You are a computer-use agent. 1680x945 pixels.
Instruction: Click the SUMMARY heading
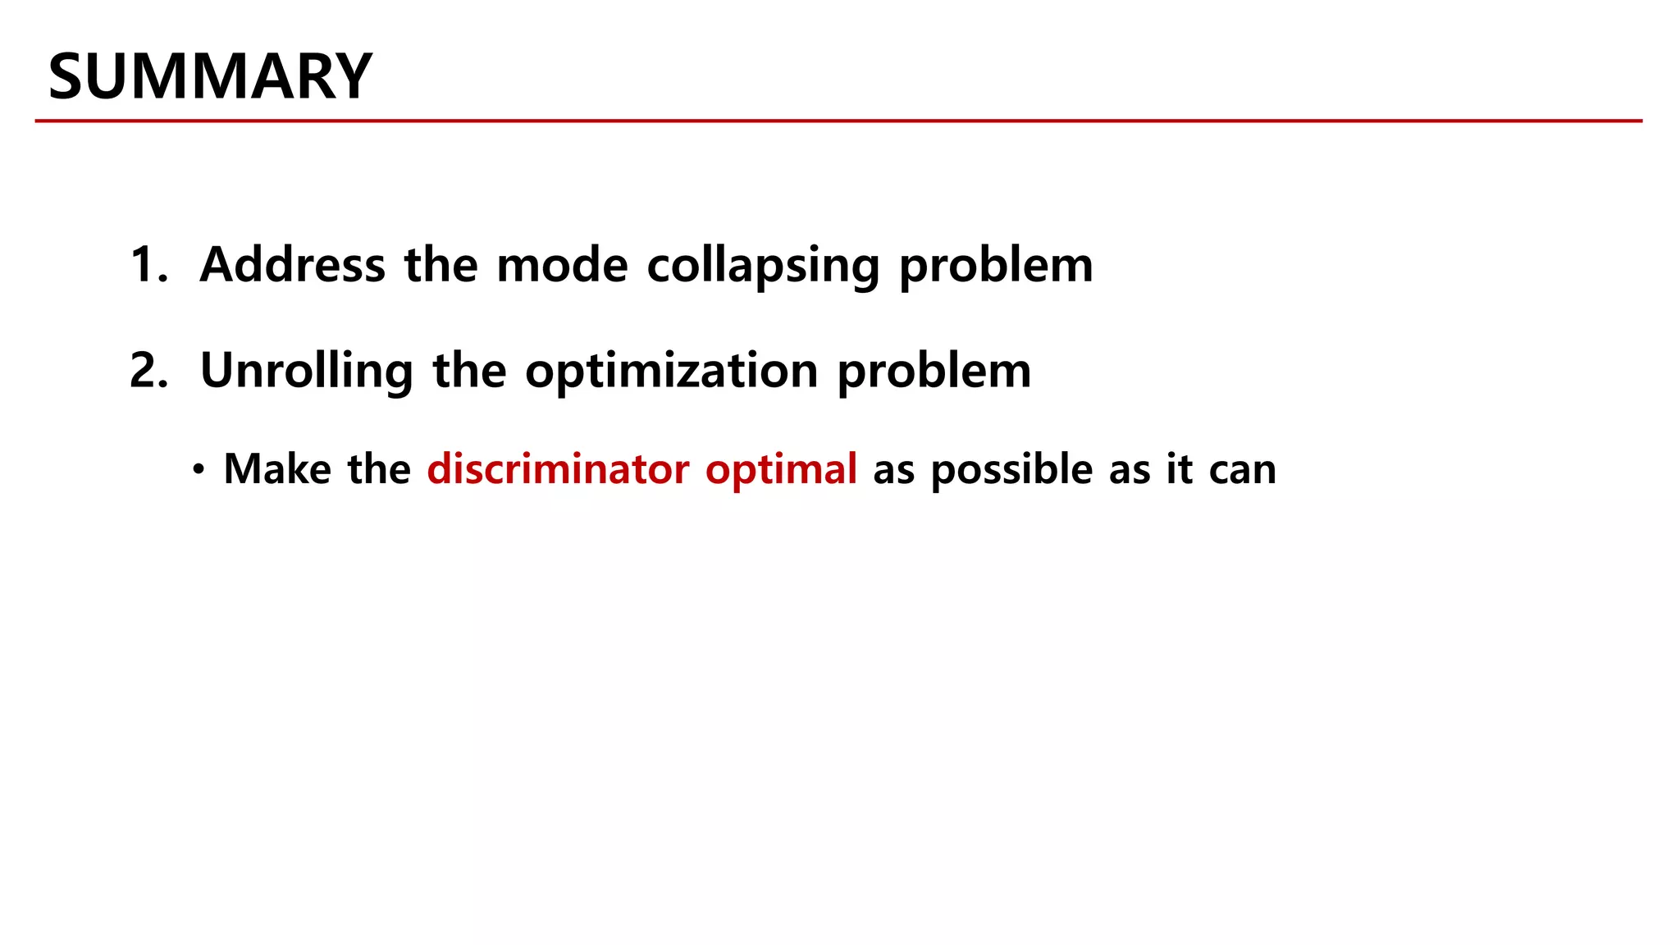210,76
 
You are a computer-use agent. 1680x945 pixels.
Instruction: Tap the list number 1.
148,265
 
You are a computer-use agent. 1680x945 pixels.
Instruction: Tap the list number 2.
148,371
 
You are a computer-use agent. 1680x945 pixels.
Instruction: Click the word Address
292,265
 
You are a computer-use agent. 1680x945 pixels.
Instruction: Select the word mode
562,265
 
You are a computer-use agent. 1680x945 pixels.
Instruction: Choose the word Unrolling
306,371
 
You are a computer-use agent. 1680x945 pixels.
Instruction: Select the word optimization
671,372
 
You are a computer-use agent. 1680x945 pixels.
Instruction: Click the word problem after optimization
934,372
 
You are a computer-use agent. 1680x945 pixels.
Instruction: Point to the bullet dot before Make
198,470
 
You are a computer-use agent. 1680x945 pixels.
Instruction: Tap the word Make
277,469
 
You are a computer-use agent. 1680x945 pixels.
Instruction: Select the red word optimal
781,470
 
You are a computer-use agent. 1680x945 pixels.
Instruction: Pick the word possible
1012,470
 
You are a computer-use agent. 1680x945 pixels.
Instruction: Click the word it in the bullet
1179,469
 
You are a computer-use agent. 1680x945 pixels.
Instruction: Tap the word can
1243,471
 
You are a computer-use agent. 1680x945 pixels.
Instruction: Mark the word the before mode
441,265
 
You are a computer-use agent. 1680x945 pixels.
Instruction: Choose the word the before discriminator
379,469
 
